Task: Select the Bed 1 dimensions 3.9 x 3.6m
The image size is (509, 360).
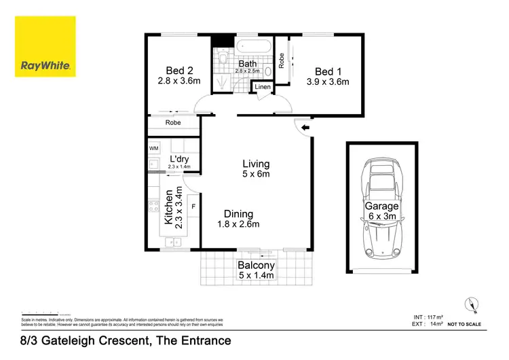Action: coord(328,82)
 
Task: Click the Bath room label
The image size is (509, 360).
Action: coord(246,65)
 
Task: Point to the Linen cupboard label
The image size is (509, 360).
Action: coord(263,88)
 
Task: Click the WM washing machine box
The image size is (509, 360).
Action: coord(153,147)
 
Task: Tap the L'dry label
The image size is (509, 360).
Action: coord(179,160)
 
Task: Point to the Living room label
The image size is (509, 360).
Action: coord(256,164)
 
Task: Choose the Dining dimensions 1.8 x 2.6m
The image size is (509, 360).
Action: coord(238,225)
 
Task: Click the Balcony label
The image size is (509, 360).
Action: coord(256,266)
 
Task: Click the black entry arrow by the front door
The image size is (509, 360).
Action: coord(305,126)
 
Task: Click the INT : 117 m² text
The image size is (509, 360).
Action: coord(428,317)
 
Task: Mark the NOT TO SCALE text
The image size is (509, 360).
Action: coord(467,325)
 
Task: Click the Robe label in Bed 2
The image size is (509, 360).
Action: coord(173,123)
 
